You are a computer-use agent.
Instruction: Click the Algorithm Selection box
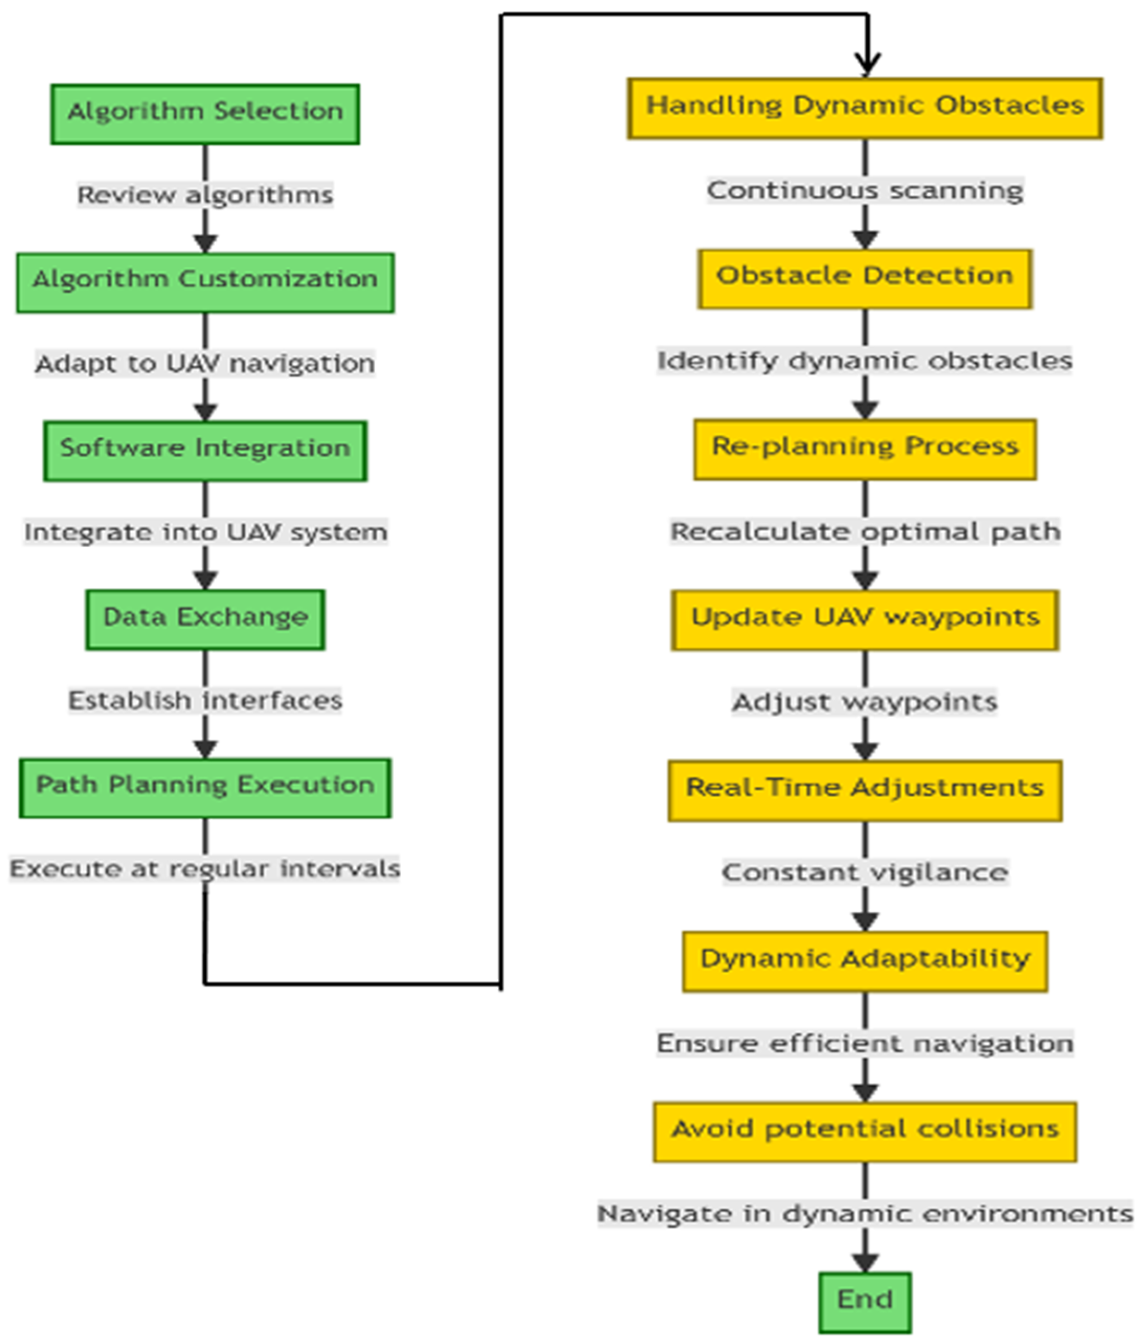(x=205, y=114)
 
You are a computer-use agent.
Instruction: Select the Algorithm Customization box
(x=205, y=282)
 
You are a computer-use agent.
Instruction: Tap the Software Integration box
(x=205, y=450)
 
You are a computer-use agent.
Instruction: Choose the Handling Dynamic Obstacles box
(x=864, y=108)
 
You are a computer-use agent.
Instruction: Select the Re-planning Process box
(x=864, y=449)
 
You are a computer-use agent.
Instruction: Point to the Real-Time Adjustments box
(x=864, y=790)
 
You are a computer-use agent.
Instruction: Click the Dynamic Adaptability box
(x=864, y=961)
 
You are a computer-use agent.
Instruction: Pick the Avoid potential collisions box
(x=864, y=1131)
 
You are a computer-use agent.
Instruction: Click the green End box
(x=864, y=1301)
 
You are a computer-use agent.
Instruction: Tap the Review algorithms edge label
(x=205, y=194)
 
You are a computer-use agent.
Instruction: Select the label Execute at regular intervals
(x=205, y=868)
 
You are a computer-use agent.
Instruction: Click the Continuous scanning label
(x=864, y=190)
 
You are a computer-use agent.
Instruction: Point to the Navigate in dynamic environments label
(x=864, y=1213)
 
